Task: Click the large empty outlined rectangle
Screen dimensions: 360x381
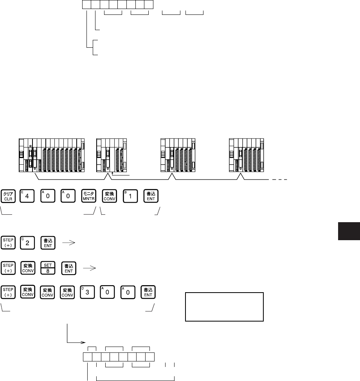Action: tap(224, 306)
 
